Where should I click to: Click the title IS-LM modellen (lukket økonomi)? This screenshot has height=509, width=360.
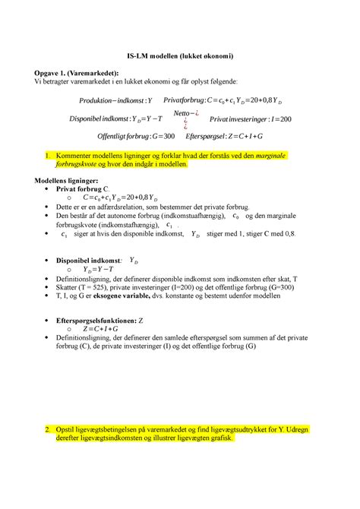179,57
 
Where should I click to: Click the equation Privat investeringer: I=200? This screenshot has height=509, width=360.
251,119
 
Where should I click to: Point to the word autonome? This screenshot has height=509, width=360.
127,216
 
